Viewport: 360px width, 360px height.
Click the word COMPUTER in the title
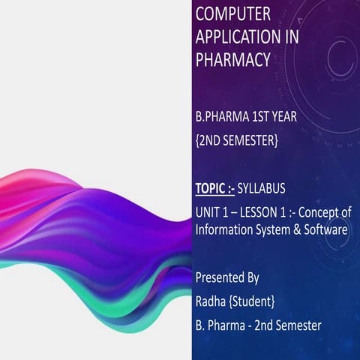point(234,14)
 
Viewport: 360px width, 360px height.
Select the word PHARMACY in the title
point(232,59)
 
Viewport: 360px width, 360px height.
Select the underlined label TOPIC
point(211,188)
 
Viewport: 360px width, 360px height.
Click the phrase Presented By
point(227,278)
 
